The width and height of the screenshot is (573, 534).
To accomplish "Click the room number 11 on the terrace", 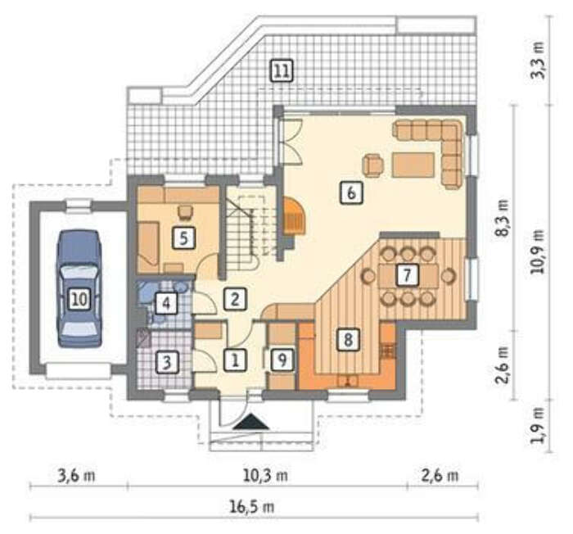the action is point(282,70).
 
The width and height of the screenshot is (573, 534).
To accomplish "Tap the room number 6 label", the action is point(351,192).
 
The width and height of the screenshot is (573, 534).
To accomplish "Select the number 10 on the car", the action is point(79,299).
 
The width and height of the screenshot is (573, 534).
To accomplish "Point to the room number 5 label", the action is point(183,238).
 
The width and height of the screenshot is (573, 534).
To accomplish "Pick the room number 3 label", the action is point(167,363).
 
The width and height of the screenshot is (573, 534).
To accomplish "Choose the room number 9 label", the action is point(282,359).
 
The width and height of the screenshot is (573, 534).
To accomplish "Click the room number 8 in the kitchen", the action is point(348,339).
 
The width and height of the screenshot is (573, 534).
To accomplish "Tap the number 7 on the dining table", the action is point(407,275).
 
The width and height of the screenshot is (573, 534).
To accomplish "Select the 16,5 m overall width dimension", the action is point(252,507).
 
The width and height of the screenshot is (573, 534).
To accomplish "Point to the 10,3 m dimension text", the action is point(266,476).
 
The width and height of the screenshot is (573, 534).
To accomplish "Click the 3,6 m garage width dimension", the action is point(76,476).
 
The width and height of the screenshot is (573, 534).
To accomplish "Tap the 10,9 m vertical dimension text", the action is point(538,251).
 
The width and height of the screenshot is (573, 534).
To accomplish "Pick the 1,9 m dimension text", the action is point(538,425).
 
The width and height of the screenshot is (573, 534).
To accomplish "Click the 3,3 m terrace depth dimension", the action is point(538,61).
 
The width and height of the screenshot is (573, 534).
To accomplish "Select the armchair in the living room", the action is point(373,165).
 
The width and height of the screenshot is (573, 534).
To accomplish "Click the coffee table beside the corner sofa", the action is point(413,165).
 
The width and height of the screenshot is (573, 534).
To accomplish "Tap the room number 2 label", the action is point(235,299).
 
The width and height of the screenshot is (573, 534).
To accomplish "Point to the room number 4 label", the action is point(166,303).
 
